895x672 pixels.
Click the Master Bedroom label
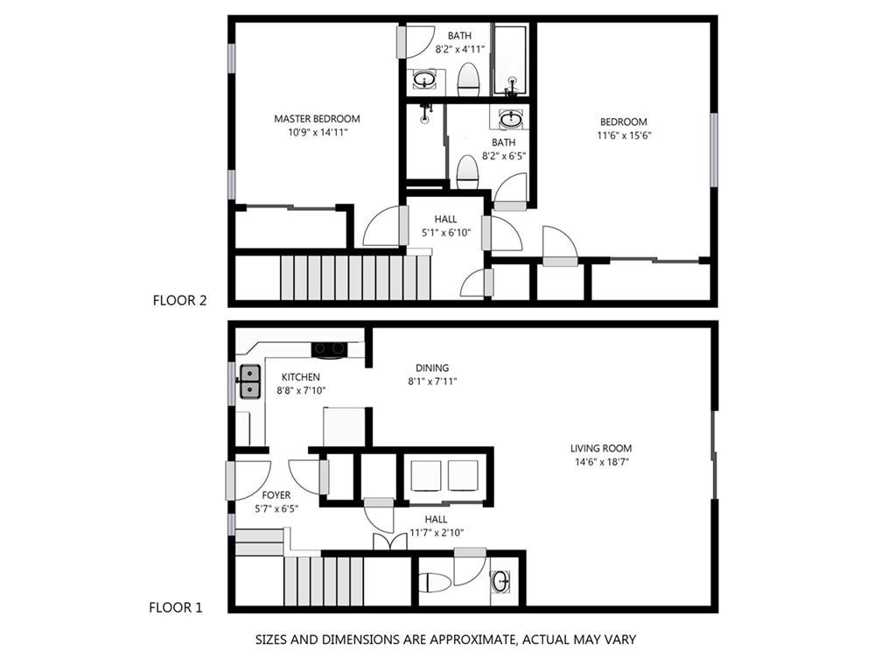[x=317, y=119]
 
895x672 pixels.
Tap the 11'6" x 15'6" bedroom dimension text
[x=623, y=136]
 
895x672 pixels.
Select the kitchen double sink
[x=250, y=381]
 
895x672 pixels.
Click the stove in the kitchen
[x=330, y=349]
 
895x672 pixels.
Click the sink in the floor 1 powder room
[x=502, y=580]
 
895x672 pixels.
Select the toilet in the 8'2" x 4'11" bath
[x=469, y=80]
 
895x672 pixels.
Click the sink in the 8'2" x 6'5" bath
[x=512, y=120]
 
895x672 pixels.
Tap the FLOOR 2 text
[x=179, y=300]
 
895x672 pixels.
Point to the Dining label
[x=432, y=368]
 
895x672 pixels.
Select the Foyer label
[x=276, y=495]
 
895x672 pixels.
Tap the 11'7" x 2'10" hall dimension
[x=436, y=532]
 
